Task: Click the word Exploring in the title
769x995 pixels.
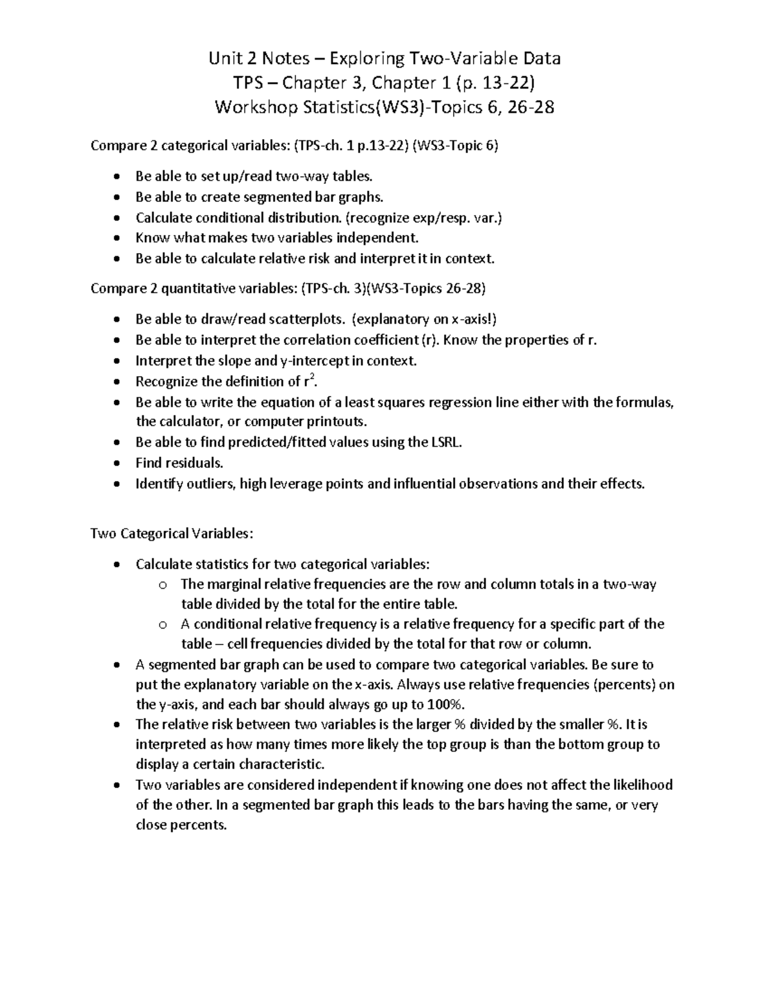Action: [368, 59]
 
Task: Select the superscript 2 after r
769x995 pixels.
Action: [312, 377]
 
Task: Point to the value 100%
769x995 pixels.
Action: [445, 705]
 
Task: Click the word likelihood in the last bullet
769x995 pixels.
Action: [643, 785]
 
